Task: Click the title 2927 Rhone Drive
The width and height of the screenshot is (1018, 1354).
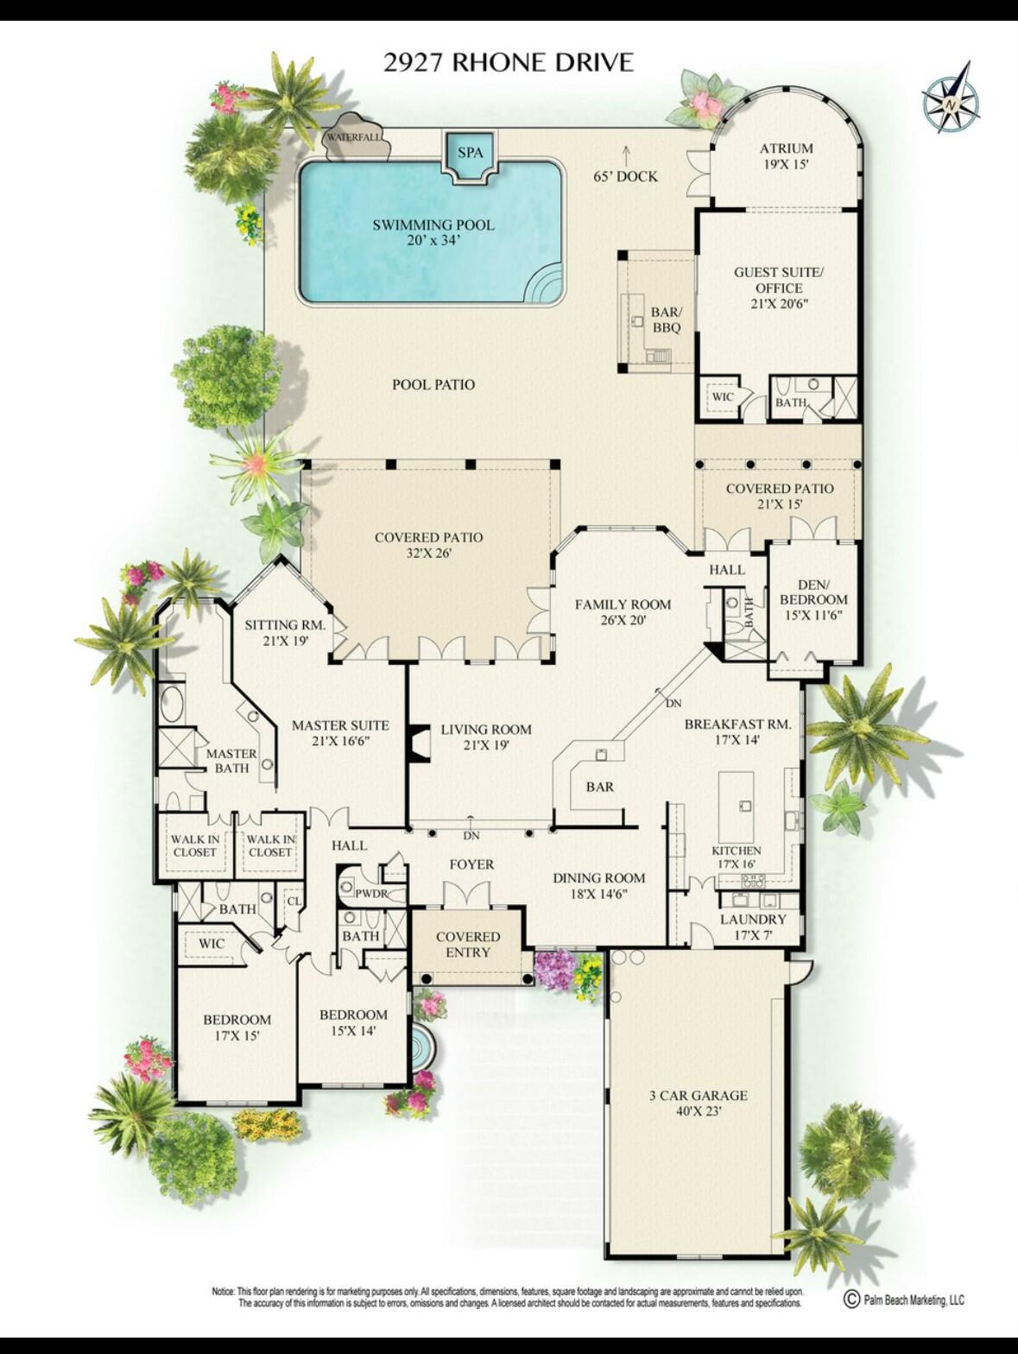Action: pyautogui.click(x=508, y=62)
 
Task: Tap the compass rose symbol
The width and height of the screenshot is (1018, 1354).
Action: pyautogui.click(x=951, y=101)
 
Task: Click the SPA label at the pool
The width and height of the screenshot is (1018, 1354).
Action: pyautogui.click(x=470, y=153)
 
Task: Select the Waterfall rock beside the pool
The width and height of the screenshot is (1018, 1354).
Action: pyautogui.click(x=354, y=136)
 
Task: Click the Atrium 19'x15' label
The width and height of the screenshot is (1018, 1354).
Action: pyautogui.click(x=786, y=155)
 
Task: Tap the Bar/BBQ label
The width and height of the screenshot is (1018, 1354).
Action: pyautogui.click(x=666, y=320)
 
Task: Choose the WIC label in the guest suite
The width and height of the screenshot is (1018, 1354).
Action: pyautogui.click(x=722, y=397)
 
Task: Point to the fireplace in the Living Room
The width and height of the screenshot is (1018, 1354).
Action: pyautogui.click(x=419, y=743)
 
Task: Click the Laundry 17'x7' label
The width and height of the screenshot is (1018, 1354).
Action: pyautogui.click(x=753, y=927)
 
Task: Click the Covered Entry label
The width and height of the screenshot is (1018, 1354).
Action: pyautogui.click(x=468, y=944)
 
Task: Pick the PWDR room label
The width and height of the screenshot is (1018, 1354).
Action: pyautogui.click(x=371, y=893)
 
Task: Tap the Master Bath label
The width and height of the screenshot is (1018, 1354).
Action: pyautogui.click(x=231, y=761)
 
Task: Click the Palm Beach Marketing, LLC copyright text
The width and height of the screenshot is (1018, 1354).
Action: pyautogui.click(x=903, y=1300)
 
